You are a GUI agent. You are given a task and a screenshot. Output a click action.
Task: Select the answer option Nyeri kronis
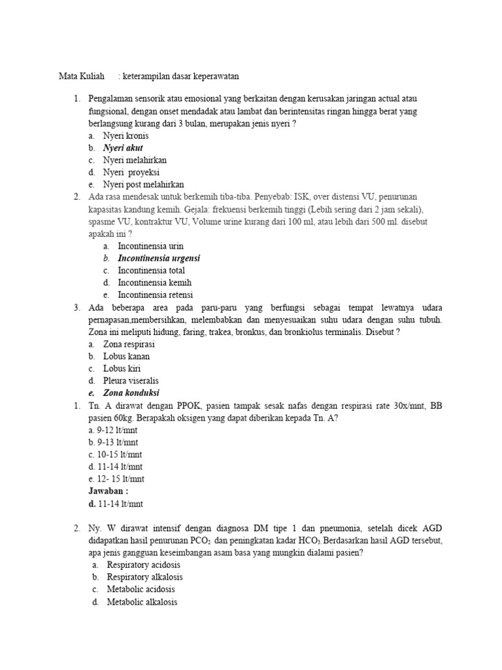pyautogui.click(x=125, y=136)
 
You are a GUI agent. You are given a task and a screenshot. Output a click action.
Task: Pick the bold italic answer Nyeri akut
pyautogui.click(x=123, y=148)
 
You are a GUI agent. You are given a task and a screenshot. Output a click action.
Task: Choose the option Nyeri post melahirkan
pyautogui.click(x=143, y=185)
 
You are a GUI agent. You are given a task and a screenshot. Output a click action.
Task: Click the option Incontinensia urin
pyautogui.click(x=150, y=246)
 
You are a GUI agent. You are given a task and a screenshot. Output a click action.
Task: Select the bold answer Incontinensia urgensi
pyautogui.click(x=159, y=258)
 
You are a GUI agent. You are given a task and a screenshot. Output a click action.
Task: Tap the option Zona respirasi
pyautogui.click(x=130, y=344)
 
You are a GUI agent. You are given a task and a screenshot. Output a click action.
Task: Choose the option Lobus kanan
pyautogui.click(x=126, y=357)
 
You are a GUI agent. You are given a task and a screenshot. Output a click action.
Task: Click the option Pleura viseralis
pyautogui.click(x=131, y=381)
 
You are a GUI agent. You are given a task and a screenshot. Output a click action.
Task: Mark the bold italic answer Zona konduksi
pyautogui.click(x=131, y=393)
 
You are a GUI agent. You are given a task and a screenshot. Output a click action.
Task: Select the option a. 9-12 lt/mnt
pyautogui.click(x=113, y=431)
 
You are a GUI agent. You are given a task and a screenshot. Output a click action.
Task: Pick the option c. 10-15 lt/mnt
pyautogui.click(x=115, y=455)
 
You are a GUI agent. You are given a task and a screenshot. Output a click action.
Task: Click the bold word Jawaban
pyautogui.click(x=108, y=491)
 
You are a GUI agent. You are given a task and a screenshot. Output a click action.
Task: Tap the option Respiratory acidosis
pyautogui.click(x=143, y=565)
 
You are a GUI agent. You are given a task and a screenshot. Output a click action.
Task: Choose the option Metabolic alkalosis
pyautogui.click(x=142, y=602)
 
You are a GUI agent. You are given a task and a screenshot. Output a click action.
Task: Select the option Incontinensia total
pyautogui.click(x=151, y=271)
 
